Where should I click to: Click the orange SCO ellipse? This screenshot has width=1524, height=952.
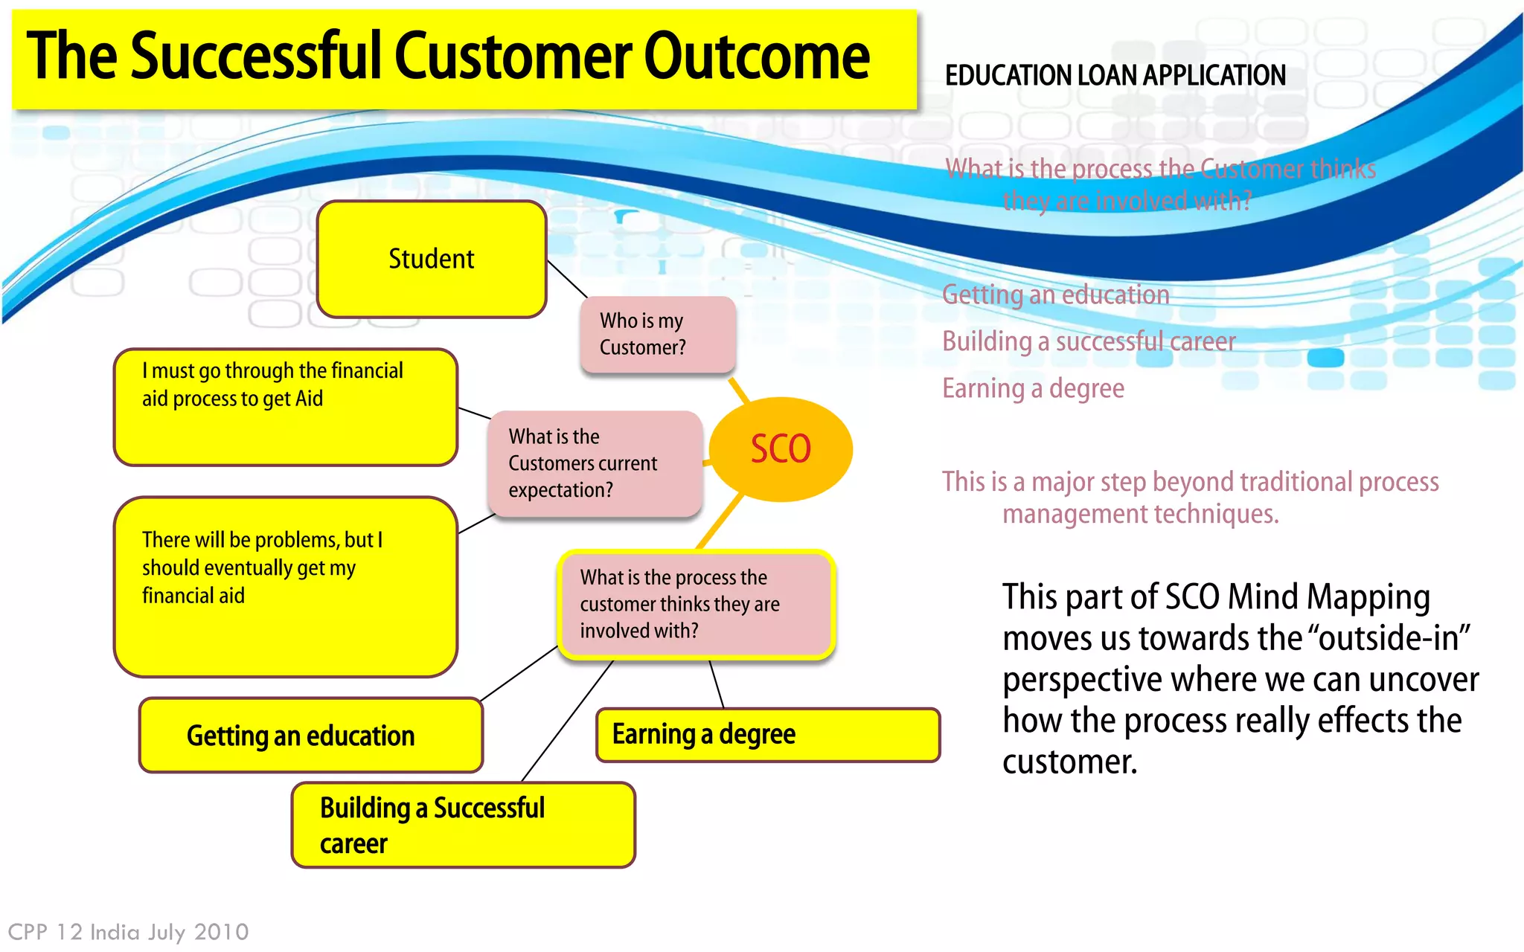[x=780, y=449]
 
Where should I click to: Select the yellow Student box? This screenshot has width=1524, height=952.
[x=432, y=259]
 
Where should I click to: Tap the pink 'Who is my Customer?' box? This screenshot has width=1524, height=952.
[x=658, y=334]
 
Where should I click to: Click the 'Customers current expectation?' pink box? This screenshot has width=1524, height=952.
[x=595, y=463]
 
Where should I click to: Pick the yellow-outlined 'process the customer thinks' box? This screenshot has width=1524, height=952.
[x=696, y=604]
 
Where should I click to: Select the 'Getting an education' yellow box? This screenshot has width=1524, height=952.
[x=310, y=735]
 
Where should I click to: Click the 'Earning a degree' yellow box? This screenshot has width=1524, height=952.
[x=768, y=735]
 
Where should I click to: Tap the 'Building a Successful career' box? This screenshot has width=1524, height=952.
[x=463, y=825]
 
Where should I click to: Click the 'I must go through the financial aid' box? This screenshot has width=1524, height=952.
[x=285, y=407]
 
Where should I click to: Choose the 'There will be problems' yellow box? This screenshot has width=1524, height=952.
[x=285, y=586]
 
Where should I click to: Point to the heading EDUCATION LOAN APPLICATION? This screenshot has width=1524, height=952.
[x=1115, y=76]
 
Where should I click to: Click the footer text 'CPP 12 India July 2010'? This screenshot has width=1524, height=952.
[x=128, y=932]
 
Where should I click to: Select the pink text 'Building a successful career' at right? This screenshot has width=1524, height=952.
[x=1088, y=341]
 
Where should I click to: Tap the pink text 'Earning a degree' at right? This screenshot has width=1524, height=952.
[x=1033, y=388]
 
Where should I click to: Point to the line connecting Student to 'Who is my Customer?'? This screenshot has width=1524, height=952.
[x=567, y=279]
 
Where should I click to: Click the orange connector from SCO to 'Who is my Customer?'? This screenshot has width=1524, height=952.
[x=738, y=390]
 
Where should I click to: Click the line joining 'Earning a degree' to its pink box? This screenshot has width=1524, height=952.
[x=717, y=684]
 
